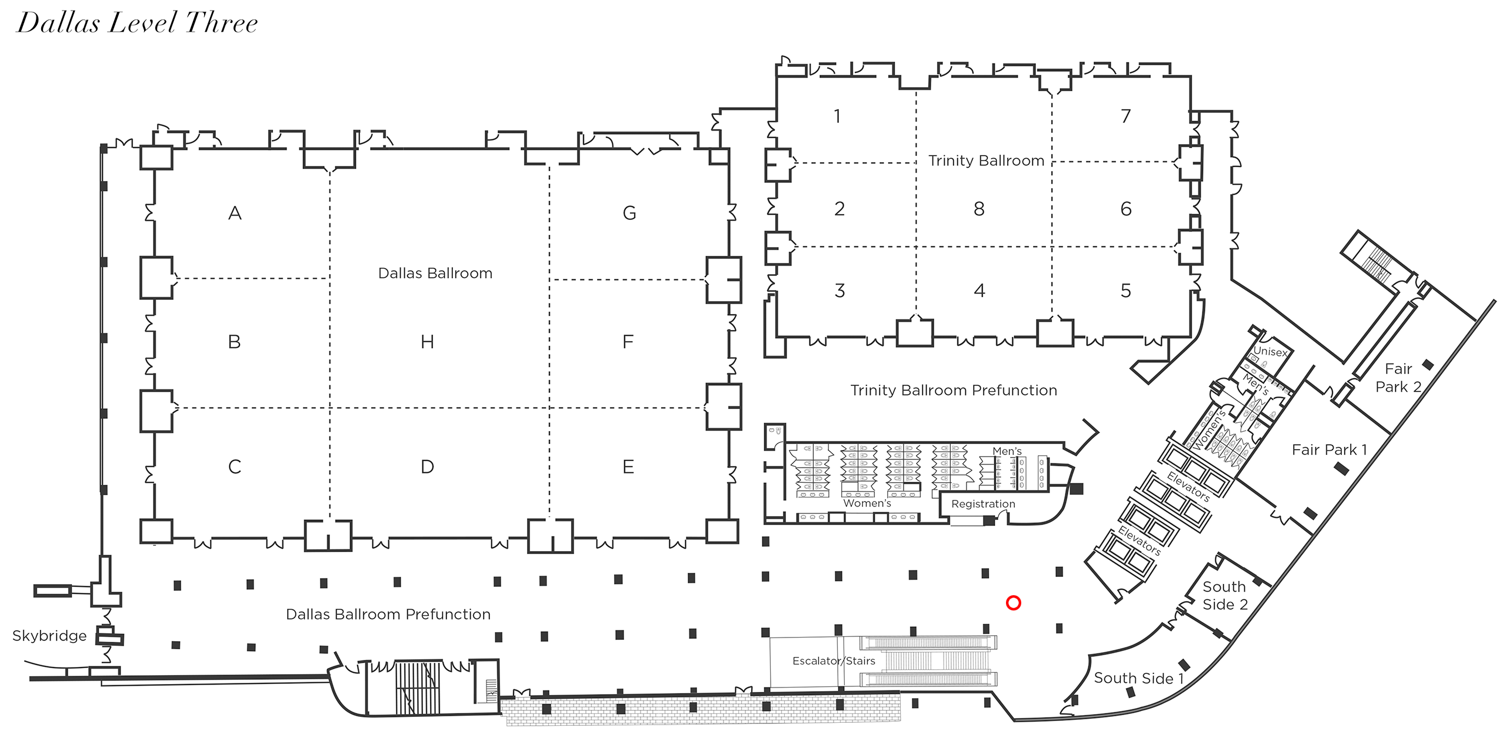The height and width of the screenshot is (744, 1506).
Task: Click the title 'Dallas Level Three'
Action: point(137,24)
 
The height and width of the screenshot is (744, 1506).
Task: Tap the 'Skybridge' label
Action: point(49,636)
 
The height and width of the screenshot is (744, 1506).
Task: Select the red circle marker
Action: point(1013,603)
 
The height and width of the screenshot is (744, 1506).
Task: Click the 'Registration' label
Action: point(983,504)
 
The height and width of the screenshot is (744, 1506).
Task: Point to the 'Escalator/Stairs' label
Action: point(834,661)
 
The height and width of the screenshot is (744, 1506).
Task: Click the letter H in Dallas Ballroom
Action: point(428,342)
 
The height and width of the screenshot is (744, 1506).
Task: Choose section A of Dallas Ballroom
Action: point(235,213)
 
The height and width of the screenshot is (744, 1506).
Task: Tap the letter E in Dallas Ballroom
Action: point(628,467)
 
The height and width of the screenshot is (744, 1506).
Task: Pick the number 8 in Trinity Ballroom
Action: point(979,209)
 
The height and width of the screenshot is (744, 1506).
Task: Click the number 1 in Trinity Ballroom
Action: point(837,116)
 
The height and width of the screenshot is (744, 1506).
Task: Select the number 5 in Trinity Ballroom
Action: point(1125,291)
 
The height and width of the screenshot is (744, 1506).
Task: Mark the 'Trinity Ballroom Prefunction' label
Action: point(954,391)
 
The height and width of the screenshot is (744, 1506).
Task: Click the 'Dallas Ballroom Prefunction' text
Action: point(388,615)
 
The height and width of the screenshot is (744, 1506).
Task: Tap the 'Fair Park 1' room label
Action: point(1329,450)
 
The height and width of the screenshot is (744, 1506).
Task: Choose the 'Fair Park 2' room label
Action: point(1398,378)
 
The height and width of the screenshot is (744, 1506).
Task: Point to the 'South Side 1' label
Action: point(1138,678)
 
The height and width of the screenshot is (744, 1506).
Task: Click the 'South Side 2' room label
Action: point(1225,595)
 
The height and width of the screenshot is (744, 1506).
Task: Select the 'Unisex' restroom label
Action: point(1270,351)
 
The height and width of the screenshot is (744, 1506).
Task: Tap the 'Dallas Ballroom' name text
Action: point(435,273)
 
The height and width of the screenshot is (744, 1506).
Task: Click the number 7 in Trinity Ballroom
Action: point(1125,116)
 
